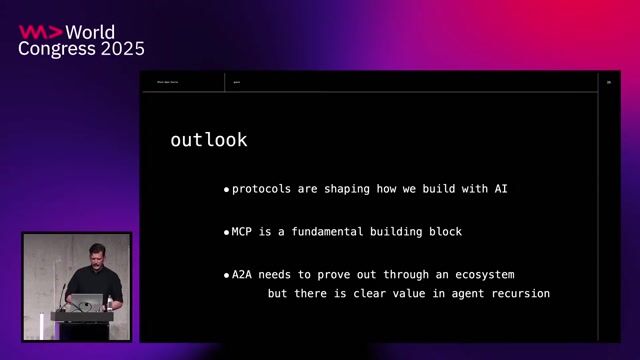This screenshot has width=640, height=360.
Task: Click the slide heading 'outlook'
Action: [x=208, y=140]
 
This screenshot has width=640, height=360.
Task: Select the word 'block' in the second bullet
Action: [x=441, y=231]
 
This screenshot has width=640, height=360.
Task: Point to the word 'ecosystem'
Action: [x=481, y=273]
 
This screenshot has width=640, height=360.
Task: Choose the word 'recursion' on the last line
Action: [x=515, y=293]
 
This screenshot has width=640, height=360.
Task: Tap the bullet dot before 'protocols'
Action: [x=226, y=189]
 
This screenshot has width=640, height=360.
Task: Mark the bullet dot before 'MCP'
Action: [x=226, y=232]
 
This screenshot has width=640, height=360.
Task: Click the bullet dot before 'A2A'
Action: [x=226, y=274]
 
